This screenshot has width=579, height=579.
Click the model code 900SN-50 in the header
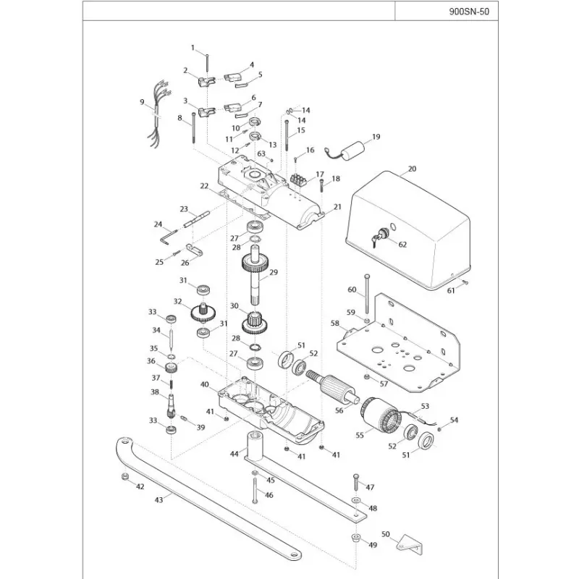coord(469,11)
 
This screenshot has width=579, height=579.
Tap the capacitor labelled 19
coord(353,151)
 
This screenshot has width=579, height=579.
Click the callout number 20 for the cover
coord(412,169)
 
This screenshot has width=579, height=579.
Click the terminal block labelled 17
coord(298,180)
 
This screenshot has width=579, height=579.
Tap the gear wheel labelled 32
coord(203,312)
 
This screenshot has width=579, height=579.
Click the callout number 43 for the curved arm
coord(159,500)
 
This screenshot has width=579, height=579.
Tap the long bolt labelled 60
coord(366,295)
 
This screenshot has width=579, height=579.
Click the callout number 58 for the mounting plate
coord(334,324)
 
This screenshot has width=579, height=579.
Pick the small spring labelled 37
coord(172,384)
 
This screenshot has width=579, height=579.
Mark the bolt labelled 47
coord(356,482)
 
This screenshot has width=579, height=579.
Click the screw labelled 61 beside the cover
coord(465,282)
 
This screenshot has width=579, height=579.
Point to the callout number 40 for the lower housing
coord(205,384)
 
